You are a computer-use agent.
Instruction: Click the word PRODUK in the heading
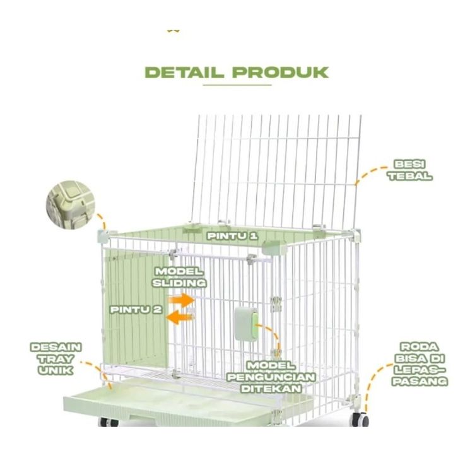click(279, 71)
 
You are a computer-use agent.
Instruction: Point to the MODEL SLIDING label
click(179, 277)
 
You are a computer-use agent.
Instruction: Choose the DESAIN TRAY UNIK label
click(56, 358)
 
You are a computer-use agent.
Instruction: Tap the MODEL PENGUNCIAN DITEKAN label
click(271, 377)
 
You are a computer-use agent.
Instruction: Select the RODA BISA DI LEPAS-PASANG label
click(423, 364)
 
